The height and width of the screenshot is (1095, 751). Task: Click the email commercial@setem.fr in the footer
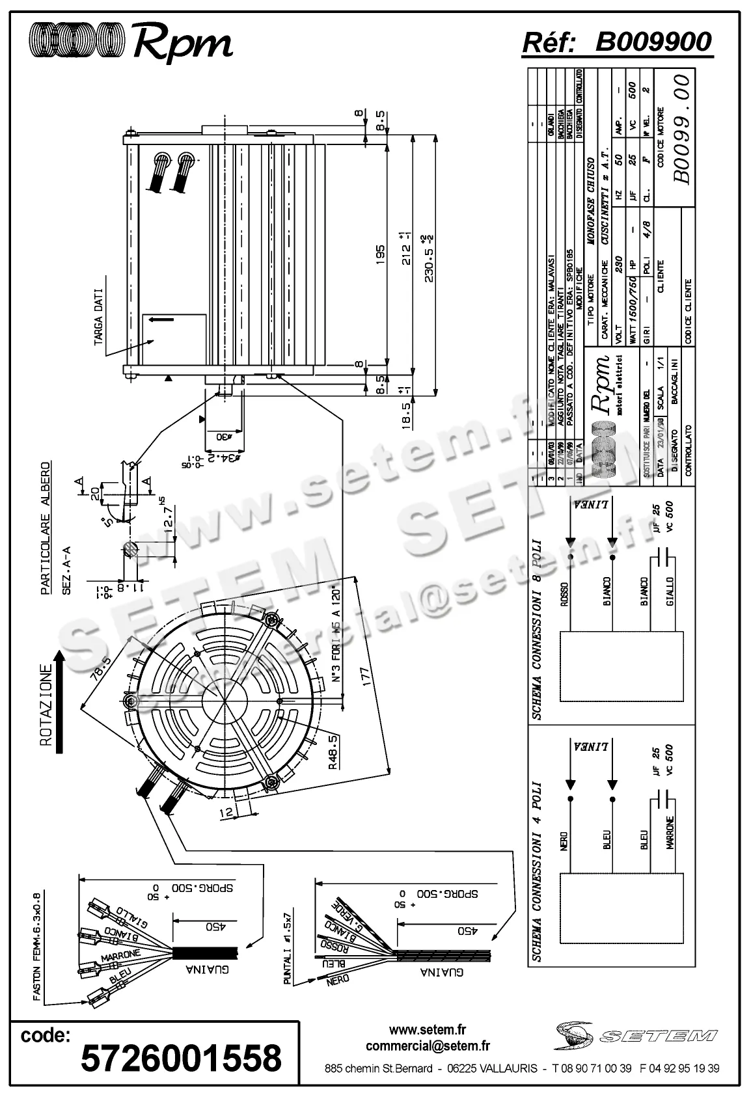coord(428,1047)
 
